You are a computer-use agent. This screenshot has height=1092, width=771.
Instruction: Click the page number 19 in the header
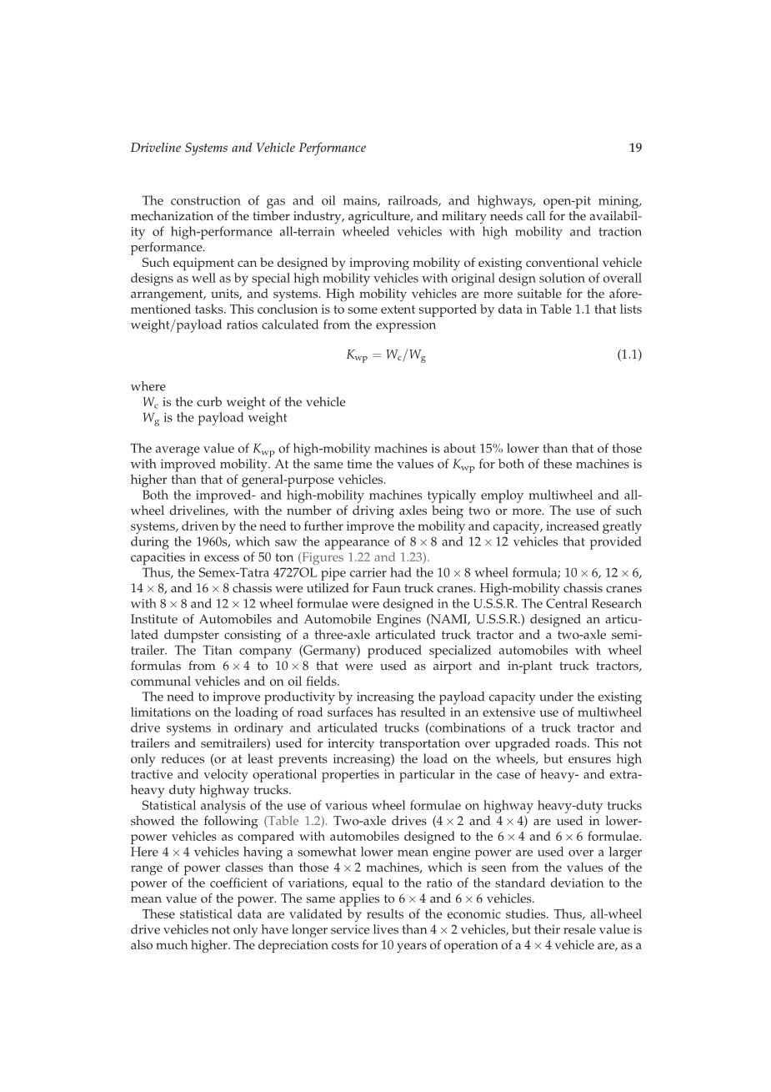pos(635,148)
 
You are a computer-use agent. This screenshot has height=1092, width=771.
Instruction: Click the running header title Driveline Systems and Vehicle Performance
pos(248,148)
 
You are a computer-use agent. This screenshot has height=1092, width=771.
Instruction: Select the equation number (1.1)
pos(628,355)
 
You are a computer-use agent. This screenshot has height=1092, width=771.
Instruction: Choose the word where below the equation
pos(148,387)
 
